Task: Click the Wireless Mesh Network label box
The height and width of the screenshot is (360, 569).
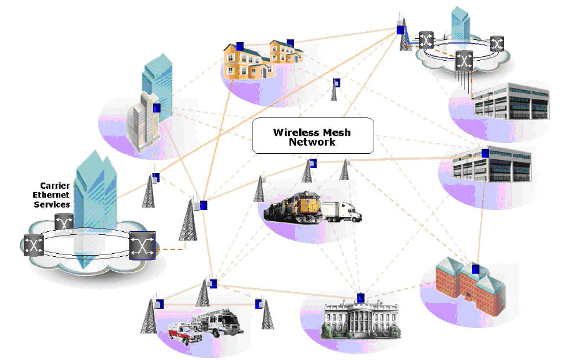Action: (x=312, y=136)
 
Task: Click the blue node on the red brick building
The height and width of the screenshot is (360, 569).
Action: (x=476, y=269)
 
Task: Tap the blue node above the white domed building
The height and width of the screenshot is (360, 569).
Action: (x=360, y=297)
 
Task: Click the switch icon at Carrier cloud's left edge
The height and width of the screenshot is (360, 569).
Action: (x=32, y=244)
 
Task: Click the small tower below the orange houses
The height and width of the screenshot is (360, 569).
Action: (x=335, y=91)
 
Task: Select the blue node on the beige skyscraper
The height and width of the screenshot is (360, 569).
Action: (x=156, y=107)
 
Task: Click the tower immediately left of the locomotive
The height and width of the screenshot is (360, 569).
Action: (x=260, y=187)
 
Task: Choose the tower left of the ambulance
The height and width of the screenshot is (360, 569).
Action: (x=151, y=319)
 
